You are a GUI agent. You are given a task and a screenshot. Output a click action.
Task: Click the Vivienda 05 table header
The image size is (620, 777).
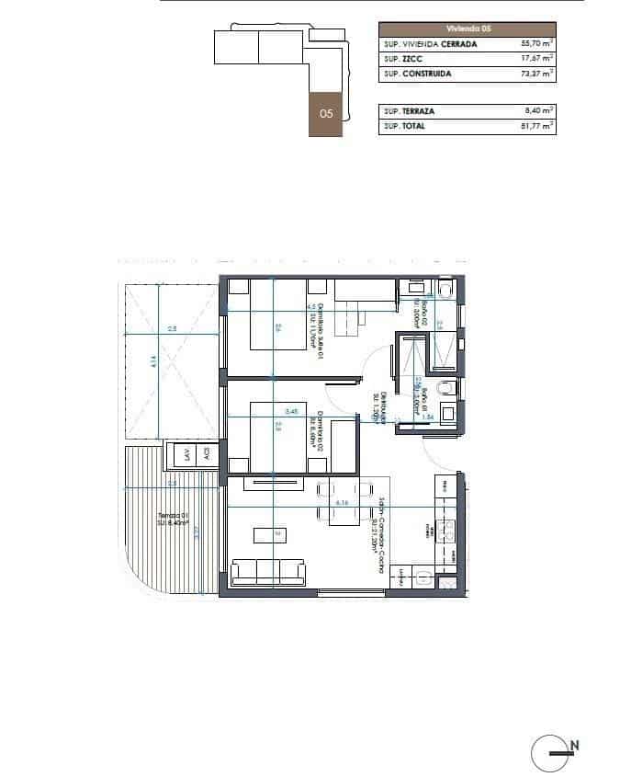point(468,29)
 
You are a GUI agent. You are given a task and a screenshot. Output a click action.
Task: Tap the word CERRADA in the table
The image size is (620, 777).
point(459,43)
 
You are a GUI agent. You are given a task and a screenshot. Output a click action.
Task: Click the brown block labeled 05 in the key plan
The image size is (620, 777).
point(325,114)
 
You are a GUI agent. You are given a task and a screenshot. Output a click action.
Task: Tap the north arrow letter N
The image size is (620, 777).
point(575,745)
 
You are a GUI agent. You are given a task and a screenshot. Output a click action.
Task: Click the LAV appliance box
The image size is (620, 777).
point(187,453)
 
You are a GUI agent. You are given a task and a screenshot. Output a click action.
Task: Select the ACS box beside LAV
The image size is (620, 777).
point(208,453)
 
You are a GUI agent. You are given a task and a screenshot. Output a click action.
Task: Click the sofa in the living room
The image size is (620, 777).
point(268,570)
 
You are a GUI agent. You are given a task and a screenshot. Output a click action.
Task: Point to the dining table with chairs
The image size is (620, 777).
point(336,504)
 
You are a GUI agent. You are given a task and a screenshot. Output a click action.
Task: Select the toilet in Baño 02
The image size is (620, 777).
point(446,291)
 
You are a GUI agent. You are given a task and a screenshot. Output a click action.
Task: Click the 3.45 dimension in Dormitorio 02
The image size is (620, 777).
point(292,410)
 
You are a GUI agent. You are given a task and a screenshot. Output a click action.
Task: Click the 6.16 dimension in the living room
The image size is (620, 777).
point(343,503)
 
